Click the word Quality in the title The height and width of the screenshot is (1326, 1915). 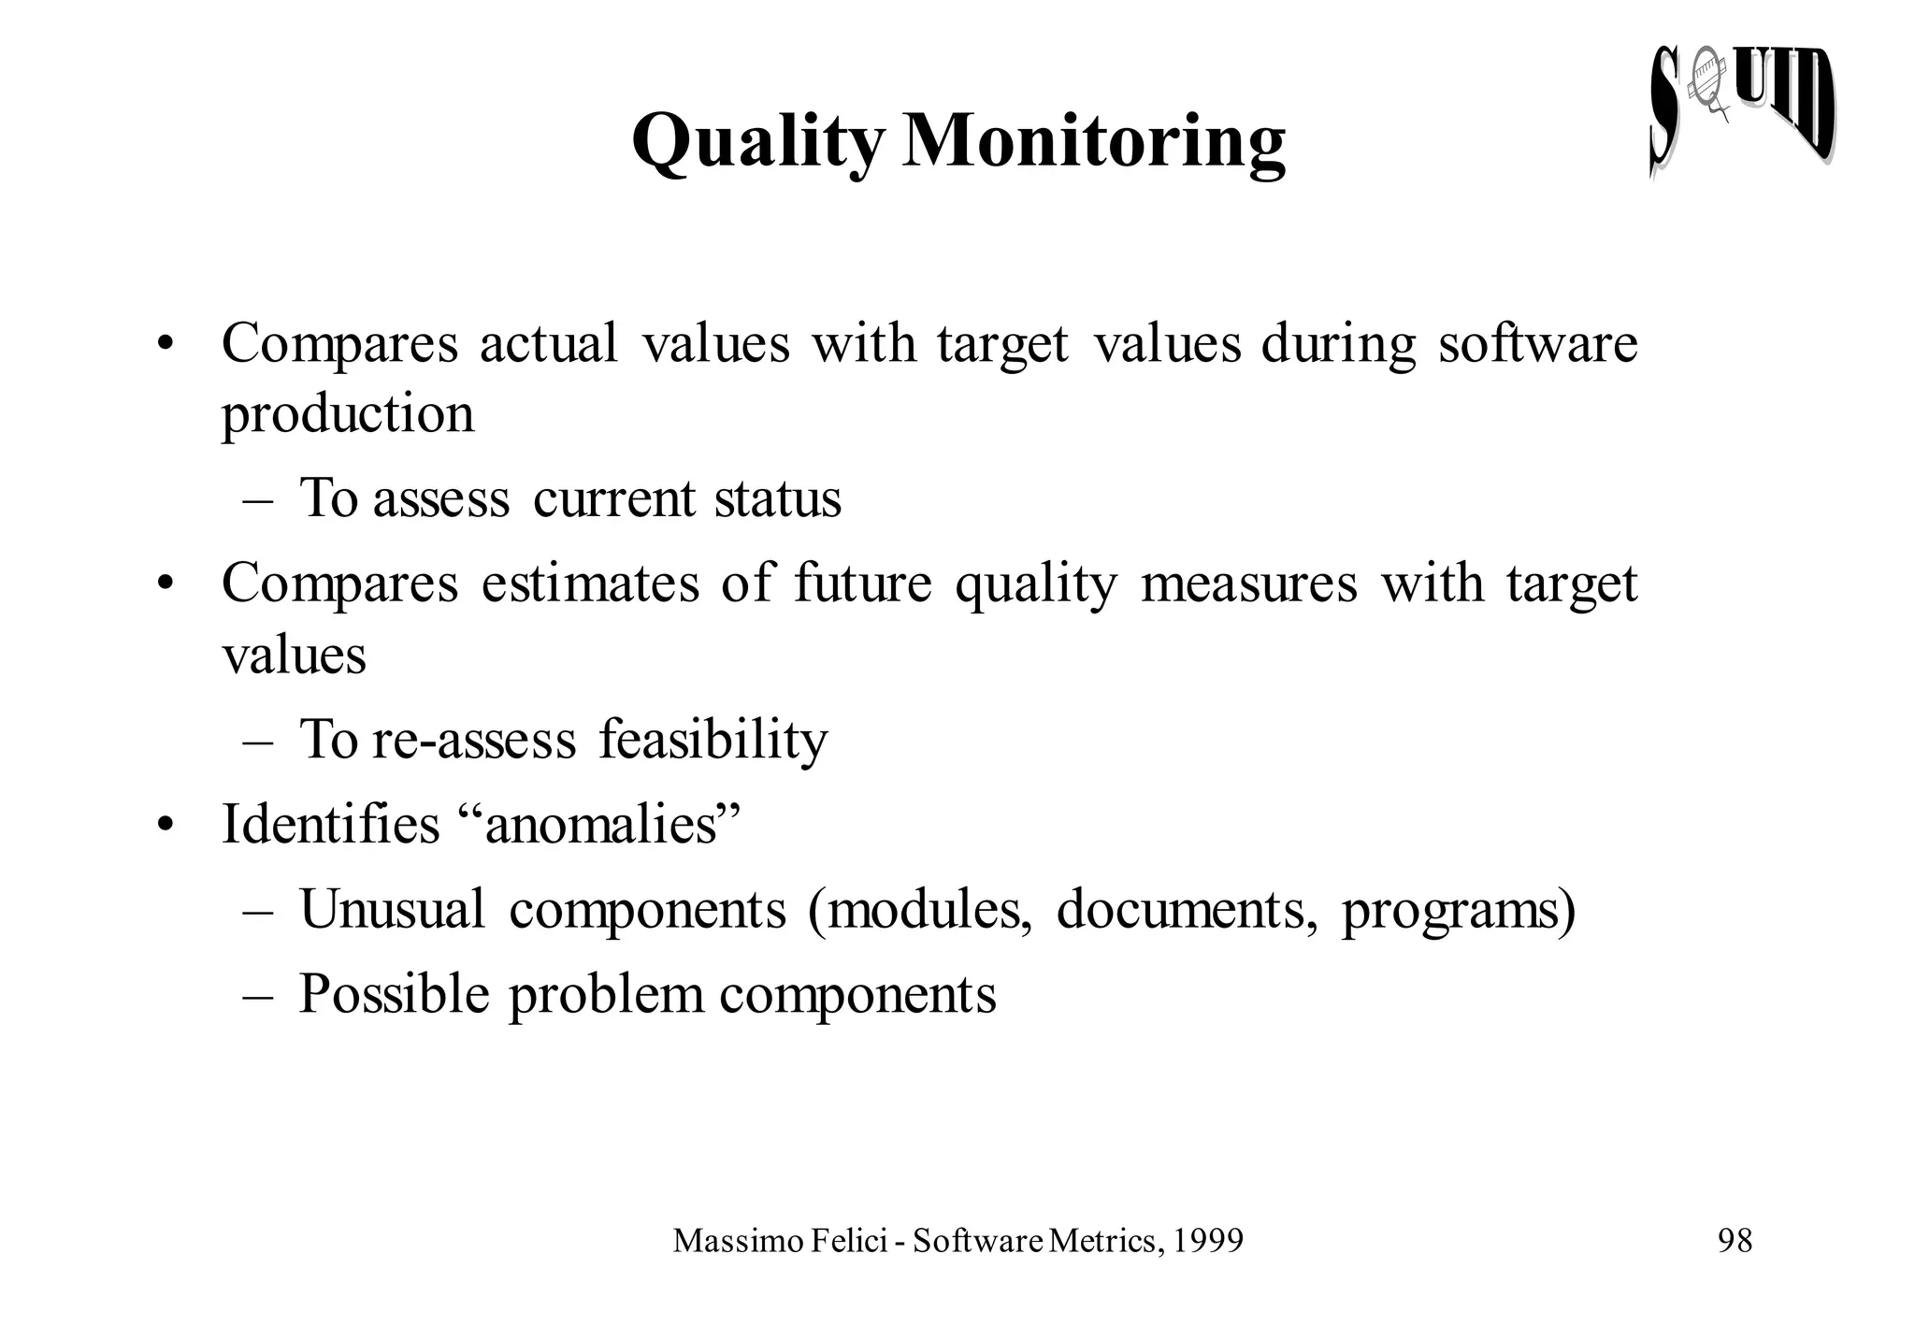click(756, 142)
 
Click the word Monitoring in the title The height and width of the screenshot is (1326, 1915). click(1093, 142)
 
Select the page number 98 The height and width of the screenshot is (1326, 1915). click(1735, 1241)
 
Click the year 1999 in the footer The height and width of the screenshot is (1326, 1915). click(1207, 1241)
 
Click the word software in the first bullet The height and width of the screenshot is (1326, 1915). click(1537, 343)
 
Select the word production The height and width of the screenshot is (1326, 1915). click(348, 414)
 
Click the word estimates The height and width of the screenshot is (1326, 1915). click(590, 584)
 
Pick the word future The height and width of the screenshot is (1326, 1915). click(862, 584)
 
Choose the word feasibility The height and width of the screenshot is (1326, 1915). click(713, 740)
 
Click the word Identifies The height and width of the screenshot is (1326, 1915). click(330, 825)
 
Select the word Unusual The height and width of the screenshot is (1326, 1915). click(392, 909)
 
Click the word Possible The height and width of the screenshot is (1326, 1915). click(394, 994)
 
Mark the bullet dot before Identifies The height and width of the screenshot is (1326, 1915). click(166, 827)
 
